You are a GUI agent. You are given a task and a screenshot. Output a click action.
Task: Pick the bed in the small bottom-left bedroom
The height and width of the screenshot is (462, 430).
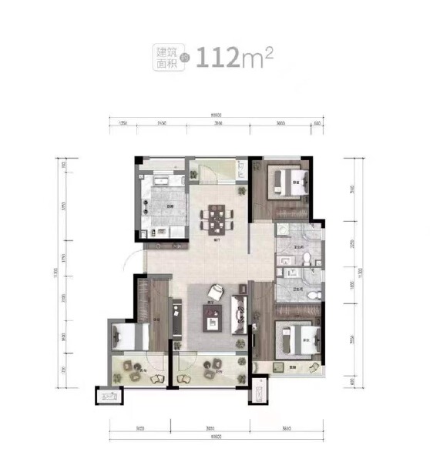pos(127,337)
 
